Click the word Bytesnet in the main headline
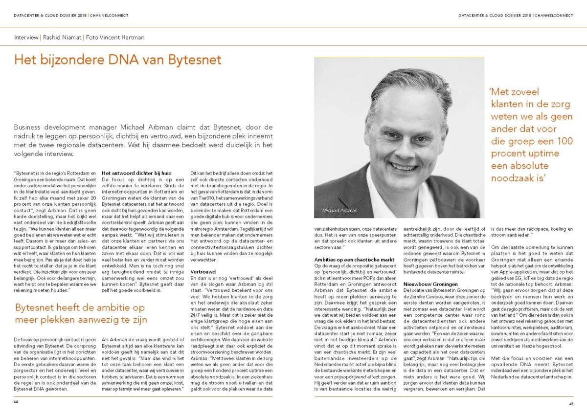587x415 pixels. tap(195, 60)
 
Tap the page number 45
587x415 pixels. tap(570, 403)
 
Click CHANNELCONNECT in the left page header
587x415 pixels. tap(112, 15)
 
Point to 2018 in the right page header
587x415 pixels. tap(526, 15)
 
